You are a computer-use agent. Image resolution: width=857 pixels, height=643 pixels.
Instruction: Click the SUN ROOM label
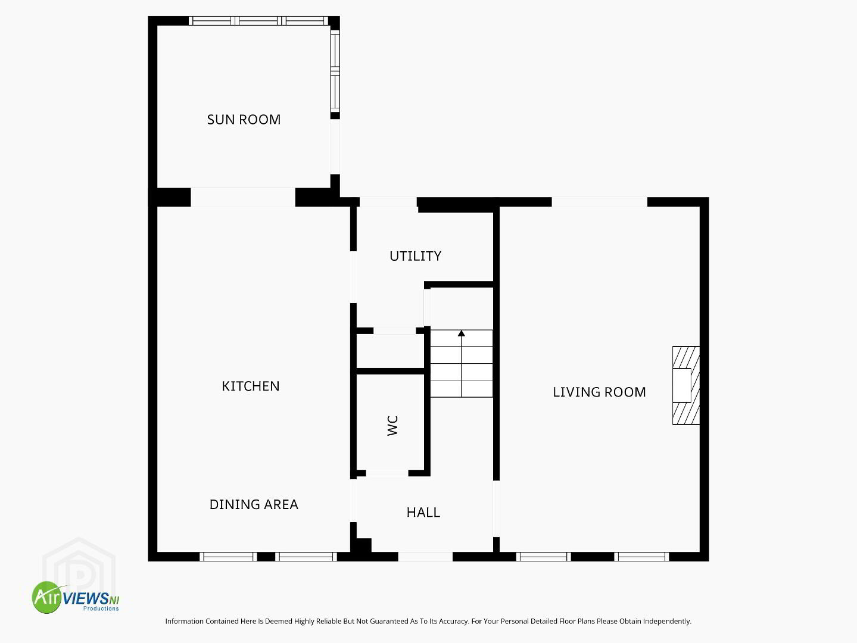pyautogui.click(x=244, y=120)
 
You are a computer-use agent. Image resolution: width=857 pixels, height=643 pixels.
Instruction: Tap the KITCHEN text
pyautogui.click(x=251, y=386)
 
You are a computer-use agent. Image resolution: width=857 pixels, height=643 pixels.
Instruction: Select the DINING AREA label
pyautogui.click(x=254, y=504)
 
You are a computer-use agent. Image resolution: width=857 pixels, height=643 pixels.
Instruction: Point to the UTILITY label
pyautogui.click(x=416, y=256)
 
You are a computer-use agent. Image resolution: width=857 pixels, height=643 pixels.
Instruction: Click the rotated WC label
pyautogui.click(x=392, y=426)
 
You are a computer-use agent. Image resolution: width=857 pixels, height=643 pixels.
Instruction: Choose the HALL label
pyautogui.click(x=423, y=512)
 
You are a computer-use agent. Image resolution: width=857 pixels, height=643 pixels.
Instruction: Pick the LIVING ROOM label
pyautogui.click(x=599, y=392)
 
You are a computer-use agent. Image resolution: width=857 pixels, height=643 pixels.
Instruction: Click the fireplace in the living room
pyautogui.click(x=686, y=385)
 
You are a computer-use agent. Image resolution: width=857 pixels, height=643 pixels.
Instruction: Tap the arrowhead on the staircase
pyautogui.click(x=462, y=333)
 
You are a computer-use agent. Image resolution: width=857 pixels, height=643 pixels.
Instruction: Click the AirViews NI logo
pyautogui.click(x=76, y=597)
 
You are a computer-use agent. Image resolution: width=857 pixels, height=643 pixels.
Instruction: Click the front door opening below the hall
pyautogui.click(x=425, y=557)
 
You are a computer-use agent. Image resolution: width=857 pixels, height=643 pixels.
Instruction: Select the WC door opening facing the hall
pyautogui.click(x=387, y=473)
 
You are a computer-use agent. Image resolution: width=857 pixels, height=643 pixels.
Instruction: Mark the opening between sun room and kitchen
pyautogui.click(x=243, y=198)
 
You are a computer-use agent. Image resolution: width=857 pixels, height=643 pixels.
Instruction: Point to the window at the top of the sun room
pyautogui.click(x=258, y=21)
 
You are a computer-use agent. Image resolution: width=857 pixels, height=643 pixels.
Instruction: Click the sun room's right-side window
pyautogui.click(x=335, y=71)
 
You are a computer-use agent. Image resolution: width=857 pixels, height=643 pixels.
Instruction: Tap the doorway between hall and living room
pyautogui.click(x=496, y=509)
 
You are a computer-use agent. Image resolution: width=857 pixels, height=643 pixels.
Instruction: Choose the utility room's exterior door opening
pyautogui.click(x=388, y=202)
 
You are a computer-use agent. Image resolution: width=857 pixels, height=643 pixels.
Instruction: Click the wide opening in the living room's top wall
pyautogui.click(x=599, y=202)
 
